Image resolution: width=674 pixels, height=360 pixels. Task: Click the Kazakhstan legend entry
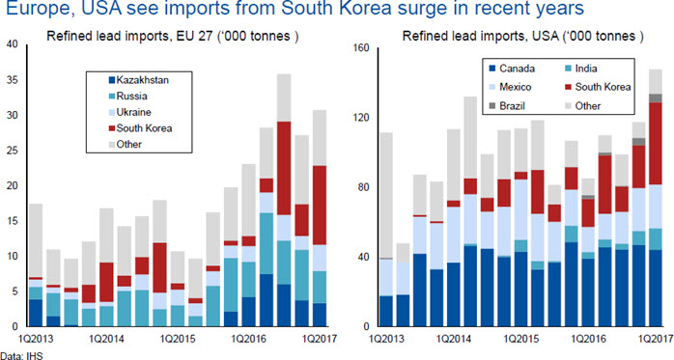(138, 80)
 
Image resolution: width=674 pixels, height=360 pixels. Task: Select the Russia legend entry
(127, 97)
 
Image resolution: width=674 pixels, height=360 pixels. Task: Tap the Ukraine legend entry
(129, 112)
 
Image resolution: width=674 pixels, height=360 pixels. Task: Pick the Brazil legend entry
(507, 105)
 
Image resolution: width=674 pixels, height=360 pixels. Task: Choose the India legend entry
(580, 69)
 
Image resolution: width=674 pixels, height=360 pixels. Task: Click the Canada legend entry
(512, 69)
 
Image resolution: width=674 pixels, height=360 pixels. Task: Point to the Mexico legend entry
(510, 87)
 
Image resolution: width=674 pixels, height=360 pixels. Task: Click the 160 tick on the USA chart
(360, 47)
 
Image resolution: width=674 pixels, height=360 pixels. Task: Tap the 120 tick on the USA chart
(360, 118)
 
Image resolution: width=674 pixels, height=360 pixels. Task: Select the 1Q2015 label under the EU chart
(178, 339)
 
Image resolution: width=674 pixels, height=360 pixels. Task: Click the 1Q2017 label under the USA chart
(656, 339)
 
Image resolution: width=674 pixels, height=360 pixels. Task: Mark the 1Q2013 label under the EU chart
(36, 339)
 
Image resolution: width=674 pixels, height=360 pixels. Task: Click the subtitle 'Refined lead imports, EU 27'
(129, 36)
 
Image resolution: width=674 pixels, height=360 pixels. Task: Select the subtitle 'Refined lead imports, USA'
(481, 36)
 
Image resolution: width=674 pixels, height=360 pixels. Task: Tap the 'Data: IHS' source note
(21, 356)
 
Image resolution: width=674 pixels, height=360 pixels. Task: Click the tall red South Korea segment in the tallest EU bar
(284, 168)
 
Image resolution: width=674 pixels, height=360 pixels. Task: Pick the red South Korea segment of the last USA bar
(655, 144)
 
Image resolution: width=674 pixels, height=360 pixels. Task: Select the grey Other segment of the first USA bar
(386, 195)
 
